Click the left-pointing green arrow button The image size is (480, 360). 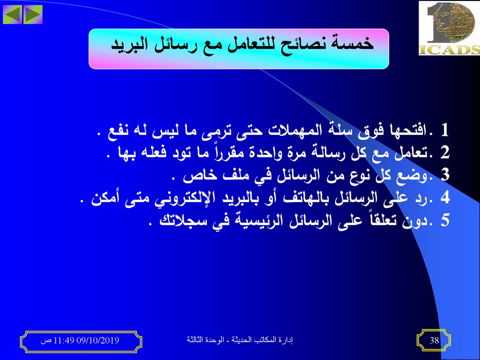pyautogui.click(x=12, y=15)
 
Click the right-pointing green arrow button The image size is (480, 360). pyautogui.click(x=33, y=15)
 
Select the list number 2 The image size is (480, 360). pyautogui.click(x=445, y=152)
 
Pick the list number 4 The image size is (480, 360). pyautogui.click(x=445, y=197)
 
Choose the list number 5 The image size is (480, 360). pyautogui.click(x=445, y=220)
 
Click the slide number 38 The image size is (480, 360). pyautogui.click(x=434, y=340)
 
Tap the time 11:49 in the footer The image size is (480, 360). pyautogui.click(x=64, y=340)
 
